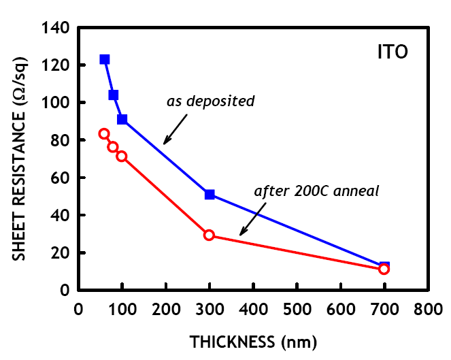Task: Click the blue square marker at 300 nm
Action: (x=210, y=195)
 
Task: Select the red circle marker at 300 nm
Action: (x=209, y=235)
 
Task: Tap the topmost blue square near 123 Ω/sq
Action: (x=105, y=60)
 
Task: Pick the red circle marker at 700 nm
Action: (x=384, y=269)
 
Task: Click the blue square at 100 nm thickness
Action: (x=122, y=119)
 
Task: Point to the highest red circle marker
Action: (x=104, y=134)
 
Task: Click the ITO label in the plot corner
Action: (x=392, y=52)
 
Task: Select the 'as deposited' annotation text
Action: (x=211, y=101)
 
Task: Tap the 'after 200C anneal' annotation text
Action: (x=316, y=191)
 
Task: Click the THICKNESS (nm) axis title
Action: (x=253, y=340)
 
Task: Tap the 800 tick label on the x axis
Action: (x=428, y=308)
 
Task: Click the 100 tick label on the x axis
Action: (x=122, y=308)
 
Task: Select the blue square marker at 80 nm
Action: (x=114, y=95)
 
